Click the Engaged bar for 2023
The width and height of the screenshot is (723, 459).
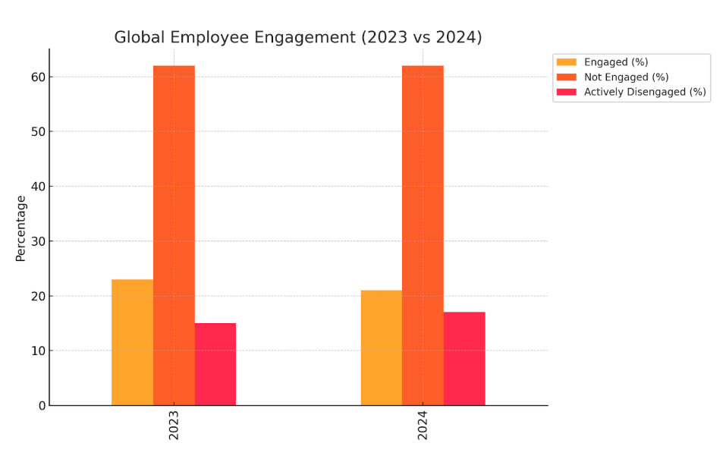132,342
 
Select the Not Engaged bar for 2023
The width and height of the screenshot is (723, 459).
174,235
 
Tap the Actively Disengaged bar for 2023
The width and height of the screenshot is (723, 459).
215,364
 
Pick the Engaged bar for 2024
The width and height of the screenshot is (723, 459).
381,347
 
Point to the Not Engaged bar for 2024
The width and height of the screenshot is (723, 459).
423,235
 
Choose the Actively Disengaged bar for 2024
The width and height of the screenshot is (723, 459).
464,358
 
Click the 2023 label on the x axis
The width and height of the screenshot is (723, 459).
174,426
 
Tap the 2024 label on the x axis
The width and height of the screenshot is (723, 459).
423,426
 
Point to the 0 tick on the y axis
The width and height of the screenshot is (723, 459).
42,406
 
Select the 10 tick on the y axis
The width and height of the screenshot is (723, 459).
38,351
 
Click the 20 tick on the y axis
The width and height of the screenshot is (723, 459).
38,296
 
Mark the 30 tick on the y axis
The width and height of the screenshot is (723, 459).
38,241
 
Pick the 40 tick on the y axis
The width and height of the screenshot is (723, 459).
38,186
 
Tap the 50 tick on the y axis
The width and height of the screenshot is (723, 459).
38,131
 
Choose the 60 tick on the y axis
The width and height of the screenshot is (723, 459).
38,77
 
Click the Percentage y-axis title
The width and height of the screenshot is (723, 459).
20,228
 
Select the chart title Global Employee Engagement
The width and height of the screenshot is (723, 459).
297,37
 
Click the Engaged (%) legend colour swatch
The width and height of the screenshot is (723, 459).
566,62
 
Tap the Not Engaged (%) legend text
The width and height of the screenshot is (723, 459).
626,77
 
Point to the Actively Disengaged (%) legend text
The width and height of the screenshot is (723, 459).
645,93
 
